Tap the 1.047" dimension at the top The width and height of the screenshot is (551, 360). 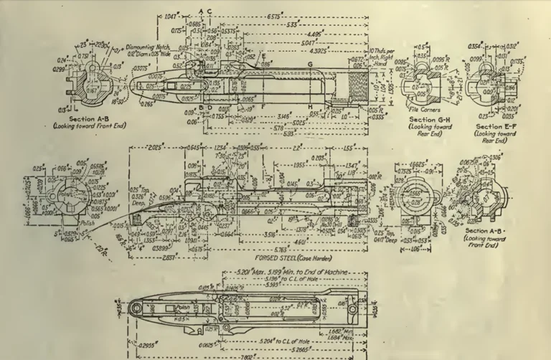(170, 16)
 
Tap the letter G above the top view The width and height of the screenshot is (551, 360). (310, 65)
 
